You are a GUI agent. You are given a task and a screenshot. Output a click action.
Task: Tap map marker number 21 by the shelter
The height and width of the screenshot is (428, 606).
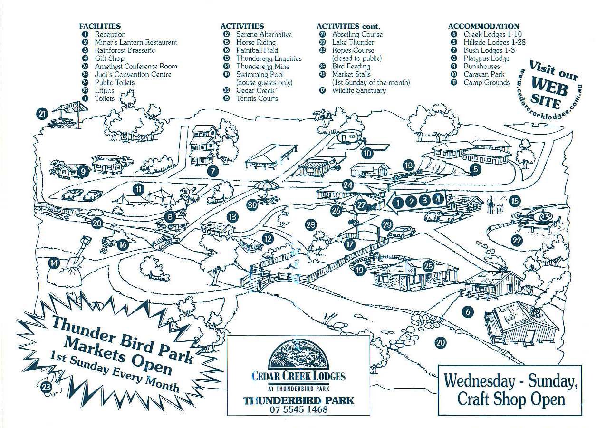(x=43, y=114)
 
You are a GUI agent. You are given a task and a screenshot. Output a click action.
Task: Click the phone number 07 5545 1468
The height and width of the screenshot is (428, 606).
(x=298, y=409)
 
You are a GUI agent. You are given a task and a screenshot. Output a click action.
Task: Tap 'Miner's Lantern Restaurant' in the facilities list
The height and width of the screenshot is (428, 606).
(x=135, y=42)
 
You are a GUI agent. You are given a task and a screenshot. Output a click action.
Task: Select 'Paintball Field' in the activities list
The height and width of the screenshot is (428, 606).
(x=257, y=50)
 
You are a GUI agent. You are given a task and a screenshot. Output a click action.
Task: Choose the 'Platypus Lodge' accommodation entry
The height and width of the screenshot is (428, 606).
(x=486, y=58)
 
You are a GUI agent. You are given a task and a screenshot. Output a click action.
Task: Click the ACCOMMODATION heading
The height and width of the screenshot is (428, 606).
(x=483, y=26)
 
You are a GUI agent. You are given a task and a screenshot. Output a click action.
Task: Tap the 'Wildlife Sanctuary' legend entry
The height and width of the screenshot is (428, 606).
(x=359, y=90)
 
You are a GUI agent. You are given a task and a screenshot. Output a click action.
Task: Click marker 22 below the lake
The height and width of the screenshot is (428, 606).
(x=517, y=241)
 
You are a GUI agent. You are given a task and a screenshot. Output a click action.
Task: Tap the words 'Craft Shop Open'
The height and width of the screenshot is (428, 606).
(x=511, y=399)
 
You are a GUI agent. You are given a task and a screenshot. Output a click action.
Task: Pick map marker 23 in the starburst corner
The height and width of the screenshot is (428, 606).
(x=47, y=388)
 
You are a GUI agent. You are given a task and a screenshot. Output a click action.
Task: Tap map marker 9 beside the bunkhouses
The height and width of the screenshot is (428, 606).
(x=82, y=171)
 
